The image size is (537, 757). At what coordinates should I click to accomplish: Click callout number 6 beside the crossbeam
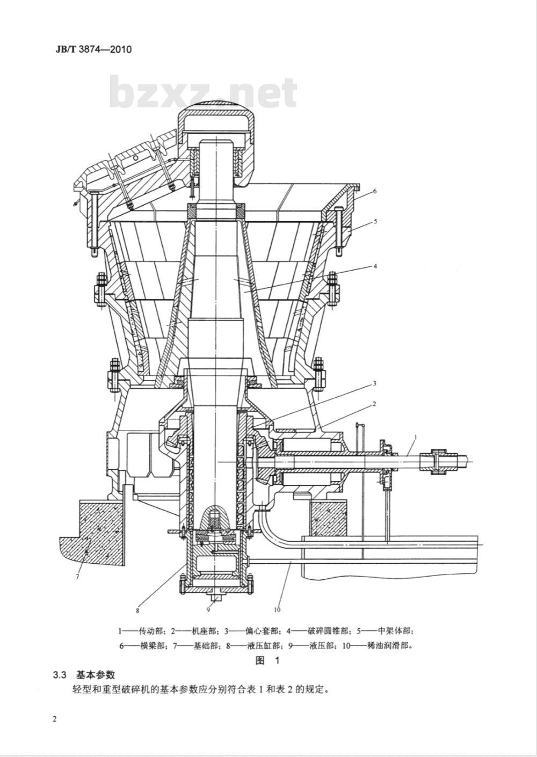pos(375,191)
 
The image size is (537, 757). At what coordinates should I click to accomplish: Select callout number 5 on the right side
pos(375,221)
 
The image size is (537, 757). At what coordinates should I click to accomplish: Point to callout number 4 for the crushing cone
pos(375,265)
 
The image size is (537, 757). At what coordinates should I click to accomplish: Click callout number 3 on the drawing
pos(374,383)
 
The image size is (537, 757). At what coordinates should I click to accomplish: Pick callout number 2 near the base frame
pos(374,403)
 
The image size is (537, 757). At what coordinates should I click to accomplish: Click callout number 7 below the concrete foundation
pos(77,577)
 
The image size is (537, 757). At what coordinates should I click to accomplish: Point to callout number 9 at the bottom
pos(208,609)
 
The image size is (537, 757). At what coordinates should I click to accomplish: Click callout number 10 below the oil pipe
pos(277,610)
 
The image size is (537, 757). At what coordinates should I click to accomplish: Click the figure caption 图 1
pos(268,661)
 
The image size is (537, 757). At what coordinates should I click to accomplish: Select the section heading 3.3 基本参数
pos(84,675)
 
